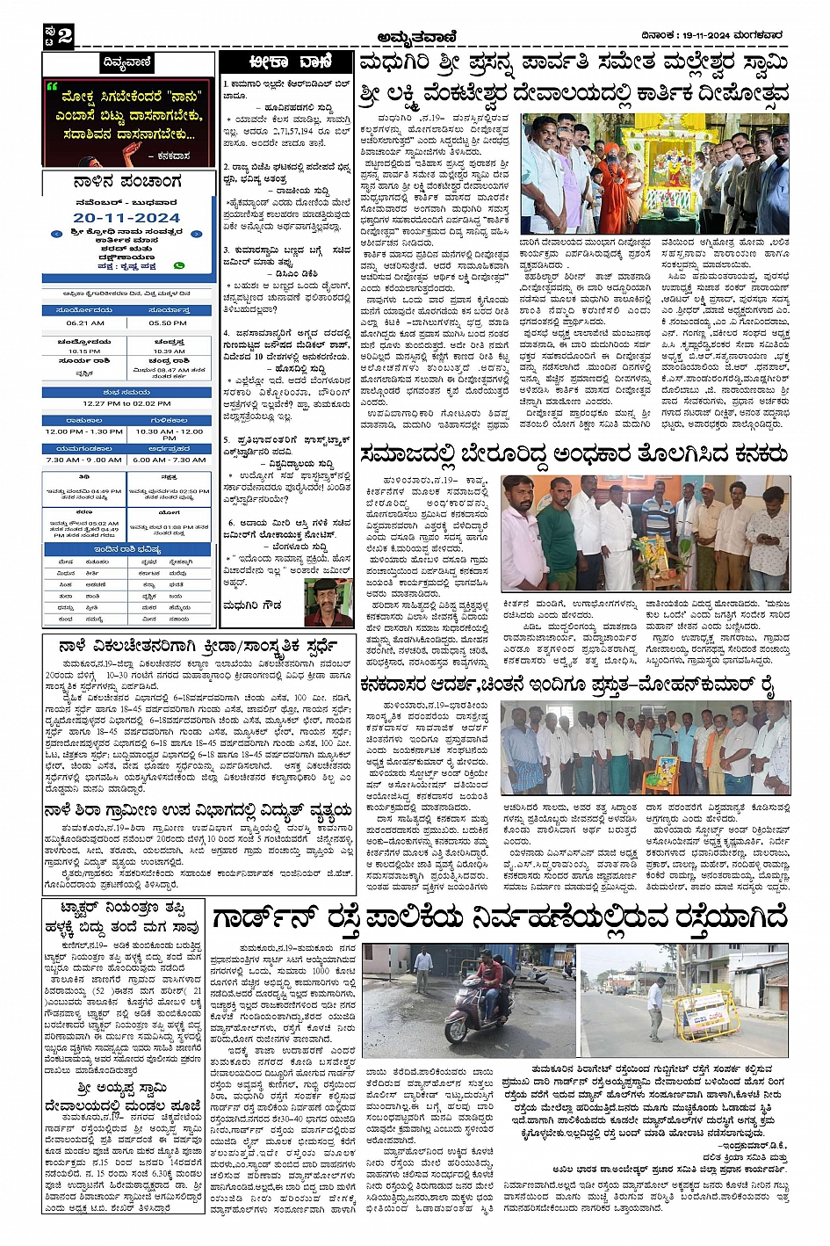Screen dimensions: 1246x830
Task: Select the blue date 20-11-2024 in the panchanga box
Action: click(x=126, y=217)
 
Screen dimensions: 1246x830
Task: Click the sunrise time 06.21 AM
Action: click(x=85, y=322)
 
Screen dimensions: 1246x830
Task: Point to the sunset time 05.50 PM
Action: click(x=168, y=322)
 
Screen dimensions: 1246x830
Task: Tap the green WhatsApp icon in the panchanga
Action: click(x=180, y=264)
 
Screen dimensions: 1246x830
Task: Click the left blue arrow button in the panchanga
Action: click(x=57, y=234)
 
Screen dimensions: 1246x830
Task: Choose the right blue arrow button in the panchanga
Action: click(x=197, y=234)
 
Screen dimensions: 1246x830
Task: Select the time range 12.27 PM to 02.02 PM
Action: click(x=127, y=403)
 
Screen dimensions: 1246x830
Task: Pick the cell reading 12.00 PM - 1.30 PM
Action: click(x=84, y=431)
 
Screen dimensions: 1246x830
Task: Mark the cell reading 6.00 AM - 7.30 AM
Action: click(x=168, y=460)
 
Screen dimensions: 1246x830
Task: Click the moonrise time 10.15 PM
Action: click(x=84, y=351)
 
